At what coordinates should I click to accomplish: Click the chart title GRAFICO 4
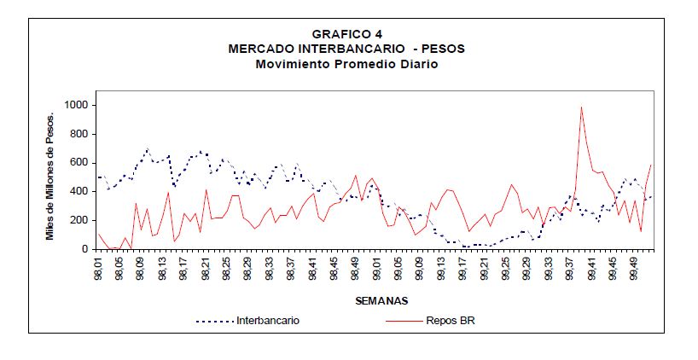(x=346, y=34)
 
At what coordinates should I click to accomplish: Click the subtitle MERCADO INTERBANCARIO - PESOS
(x=346, y=49)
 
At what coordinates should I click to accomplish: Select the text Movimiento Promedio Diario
(x=346, y=63)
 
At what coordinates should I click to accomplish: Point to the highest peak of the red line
(x=581, y=107)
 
